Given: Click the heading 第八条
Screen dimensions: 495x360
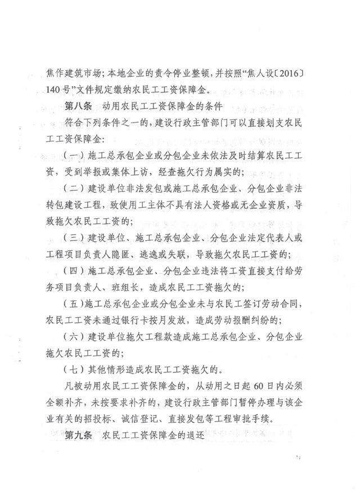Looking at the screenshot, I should coord(80,105).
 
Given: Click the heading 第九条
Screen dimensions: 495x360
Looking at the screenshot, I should coord(80,435).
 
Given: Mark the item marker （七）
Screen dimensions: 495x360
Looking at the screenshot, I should coord(74,370).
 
